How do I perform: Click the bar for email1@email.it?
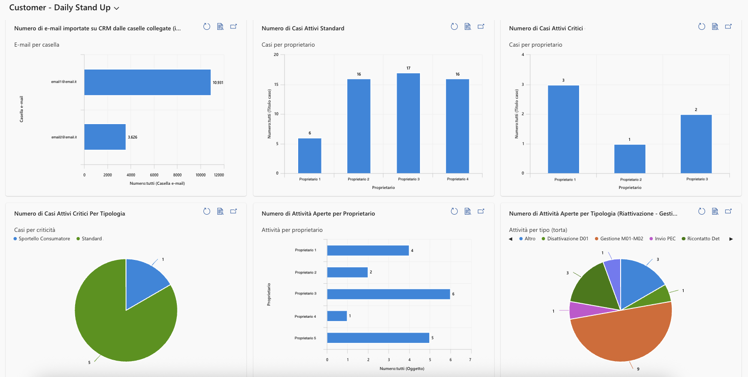click(147, 82)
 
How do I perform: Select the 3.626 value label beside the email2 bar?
click(133, 137)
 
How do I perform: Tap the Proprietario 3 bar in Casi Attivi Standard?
click(408, 123)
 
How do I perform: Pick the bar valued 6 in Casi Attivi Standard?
click(309, 156)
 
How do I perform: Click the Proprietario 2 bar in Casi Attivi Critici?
click(629, 159)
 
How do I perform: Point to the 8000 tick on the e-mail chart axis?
click(177, 175)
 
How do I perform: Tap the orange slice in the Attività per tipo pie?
click(622, 334)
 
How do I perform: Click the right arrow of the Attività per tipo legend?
click(731, 239)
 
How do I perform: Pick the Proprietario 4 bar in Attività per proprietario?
click(337, 316)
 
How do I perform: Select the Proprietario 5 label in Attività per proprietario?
click(305, 338)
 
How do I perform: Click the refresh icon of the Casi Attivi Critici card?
click(702, 27)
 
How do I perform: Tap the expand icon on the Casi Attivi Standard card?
click(481, 27)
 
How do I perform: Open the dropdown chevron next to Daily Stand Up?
click(117, 8)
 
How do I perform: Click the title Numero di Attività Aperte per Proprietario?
click(318, 213)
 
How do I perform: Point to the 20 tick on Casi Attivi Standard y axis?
click(276, 55)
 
